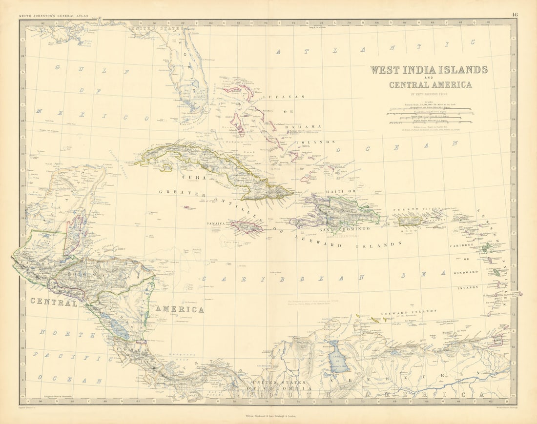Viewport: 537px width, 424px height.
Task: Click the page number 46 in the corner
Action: pos(515,15)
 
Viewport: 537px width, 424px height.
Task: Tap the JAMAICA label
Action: pos(216,223)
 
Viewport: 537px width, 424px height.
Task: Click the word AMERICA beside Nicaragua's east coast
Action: pos(180,309)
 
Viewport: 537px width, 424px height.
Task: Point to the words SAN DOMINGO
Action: pos(344,228)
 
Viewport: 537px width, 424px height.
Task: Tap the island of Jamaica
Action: pos(247,226)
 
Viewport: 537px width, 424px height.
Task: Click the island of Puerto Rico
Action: pos(411,221)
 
